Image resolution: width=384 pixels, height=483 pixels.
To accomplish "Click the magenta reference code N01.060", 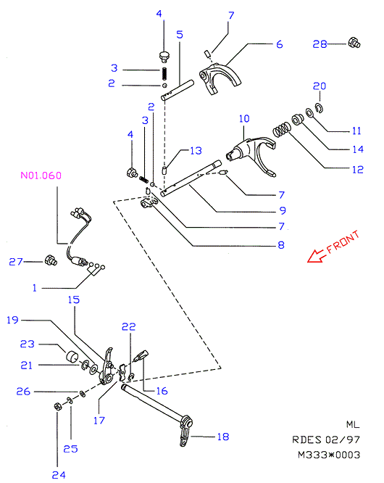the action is coord(41,176).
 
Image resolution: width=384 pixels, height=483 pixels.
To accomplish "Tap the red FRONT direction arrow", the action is coord(317,256).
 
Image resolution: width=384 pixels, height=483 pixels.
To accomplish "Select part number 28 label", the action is coord(320,44).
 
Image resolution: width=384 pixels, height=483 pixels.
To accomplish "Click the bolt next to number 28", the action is coord(354,43).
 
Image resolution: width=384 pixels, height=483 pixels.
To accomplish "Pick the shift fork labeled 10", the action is coord(252,154).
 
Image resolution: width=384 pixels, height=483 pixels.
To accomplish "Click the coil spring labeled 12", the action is coord(282,129).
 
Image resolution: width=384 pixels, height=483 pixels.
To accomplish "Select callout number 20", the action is coord(320,86).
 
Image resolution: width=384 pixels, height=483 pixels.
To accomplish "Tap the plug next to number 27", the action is coord(51,260).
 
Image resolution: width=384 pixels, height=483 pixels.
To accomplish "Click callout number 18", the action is coord(223,437).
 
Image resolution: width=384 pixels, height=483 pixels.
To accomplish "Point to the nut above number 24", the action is coord(57,407).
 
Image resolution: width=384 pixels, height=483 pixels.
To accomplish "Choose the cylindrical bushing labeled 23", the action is coord(72,357).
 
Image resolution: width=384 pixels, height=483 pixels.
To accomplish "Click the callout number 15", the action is coord(74,300).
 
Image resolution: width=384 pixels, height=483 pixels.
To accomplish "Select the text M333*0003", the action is coord(329,455).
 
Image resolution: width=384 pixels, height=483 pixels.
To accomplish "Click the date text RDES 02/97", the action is coord(326,439).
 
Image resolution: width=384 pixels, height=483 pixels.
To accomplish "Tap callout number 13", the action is coord(196,151).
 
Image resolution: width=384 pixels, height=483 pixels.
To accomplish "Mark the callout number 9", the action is coord(283,211).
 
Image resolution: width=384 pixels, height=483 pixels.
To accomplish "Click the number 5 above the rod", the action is coord(180,35).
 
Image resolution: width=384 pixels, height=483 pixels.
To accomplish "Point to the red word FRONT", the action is coord(343,242).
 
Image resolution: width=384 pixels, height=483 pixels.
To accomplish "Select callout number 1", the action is coord(35,288).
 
